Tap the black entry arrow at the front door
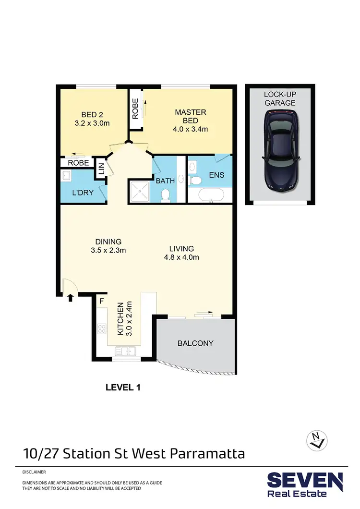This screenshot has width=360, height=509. (71, 298)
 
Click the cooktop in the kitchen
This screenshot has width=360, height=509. (102, 329)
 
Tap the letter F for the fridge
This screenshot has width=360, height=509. (101, 301)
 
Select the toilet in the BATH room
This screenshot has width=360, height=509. (165, 194)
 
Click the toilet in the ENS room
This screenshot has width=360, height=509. (196, 181)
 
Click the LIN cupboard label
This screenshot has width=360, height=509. (101, 169)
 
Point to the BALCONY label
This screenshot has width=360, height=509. (195, 343)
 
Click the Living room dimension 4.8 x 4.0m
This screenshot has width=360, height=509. (181, 257)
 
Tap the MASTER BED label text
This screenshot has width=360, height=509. (190, 116)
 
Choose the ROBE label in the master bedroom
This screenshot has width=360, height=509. (135, 109)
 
